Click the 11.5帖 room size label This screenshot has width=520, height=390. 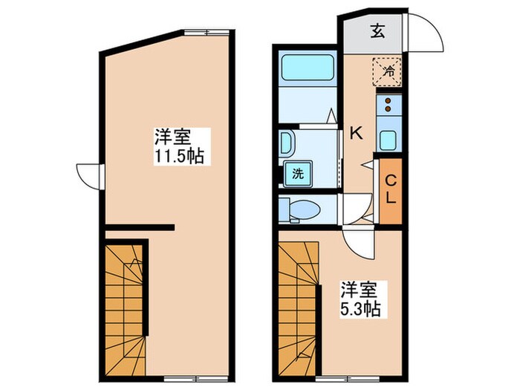point(179,147)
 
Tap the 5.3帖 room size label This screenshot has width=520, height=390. point(360,298)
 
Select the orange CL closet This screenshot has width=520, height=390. point(389,192)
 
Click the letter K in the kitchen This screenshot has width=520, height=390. point(356,134)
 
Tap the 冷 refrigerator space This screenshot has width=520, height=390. point(387,72)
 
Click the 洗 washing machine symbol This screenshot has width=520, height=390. point(297,175)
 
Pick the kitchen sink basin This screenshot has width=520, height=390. point(389,139)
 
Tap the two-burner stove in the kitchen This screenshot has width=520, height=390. point(389,108)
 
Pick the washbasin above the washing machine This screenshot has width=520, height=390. point(287,143)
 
